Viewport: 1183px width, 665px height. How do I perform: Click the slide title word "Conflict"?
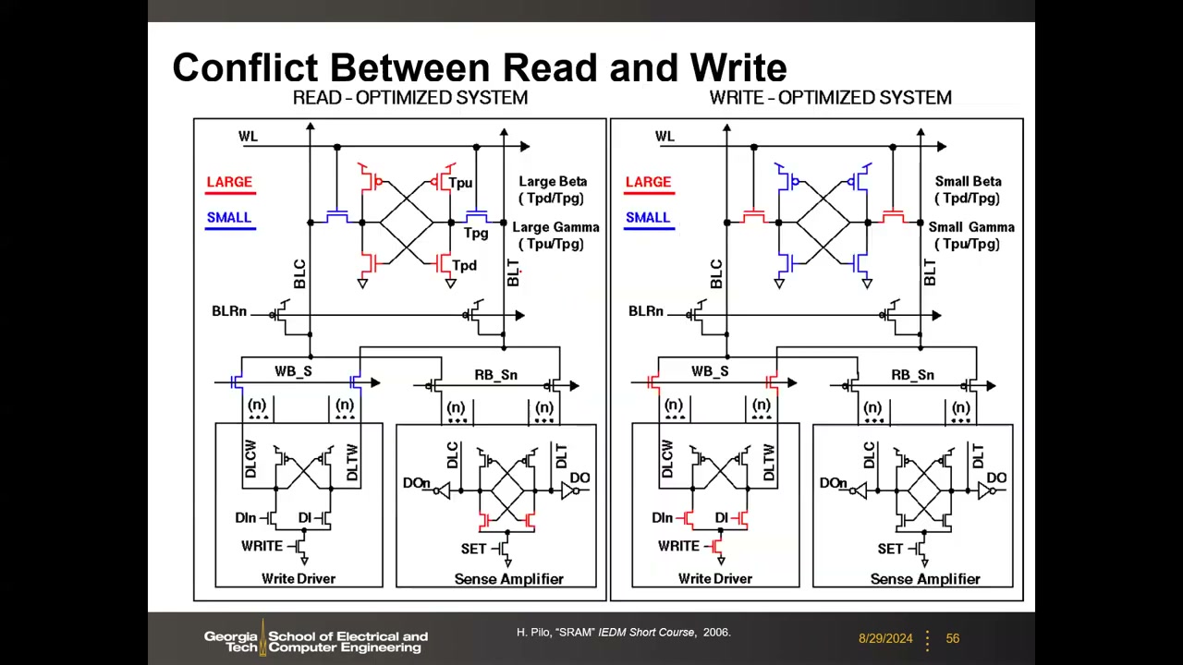click(246, 67)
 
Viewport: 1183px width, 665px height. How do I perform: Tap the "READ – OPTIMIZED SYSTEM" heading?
click(410, 98)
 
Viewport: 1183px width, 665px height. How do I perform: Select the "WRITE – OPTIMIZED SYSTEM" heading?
click(830, 98)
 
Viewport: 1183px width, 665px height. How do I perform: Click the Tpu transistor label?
click(460, 183)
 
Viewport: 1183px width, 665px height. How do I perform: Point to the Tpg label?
click(476, 233)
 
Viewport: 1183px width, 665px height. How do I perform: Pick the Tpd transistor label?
click(464, 265)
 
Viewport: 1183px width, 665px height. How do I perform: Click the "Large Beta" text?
click(553, 182)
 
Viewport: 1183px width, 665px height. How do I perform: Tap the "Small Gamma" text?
click(971, 227)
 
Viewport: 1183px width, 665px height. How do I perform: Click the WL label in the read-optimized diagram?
click(249, 136)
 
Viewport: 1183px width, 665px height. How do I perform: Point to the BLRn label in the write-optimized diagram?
click(645, 311)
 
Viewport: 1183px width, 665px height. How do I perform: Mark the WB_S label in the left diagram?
click(293, 371)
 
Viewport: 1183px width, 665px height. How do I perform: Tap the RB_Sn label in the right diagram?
click(912, 375)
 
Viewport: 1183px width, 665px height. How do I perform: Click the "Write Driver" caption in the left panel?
click(299, 578)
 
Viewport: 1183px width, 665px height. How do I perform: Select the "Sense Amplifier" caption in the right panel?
click(925, 579)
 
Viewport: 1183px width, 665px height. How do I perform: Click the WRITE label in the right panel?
click(678, 546)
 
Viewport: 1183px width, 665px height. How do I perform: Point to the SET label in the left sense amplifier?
click(473, 549)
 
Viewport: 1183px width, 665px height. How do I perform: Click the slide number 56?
click(953, 638)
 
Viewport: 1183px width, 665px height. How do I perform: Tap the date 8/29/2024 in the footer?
click(885, 638)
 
